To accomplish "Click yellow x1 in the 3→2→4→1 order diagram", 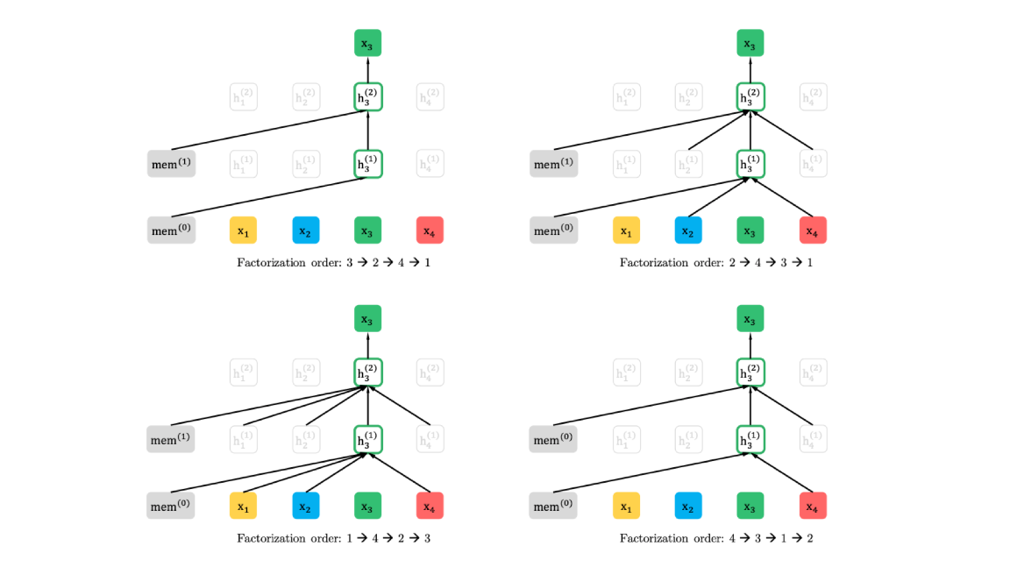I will [x=243, y=230].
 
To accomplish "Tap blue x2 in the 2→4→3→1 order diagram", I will [x=688, y=230].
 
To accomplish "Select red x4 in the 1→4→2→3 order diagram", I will [x=430, y=506].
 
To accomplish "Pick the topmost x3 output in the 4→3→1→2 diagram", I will [x=750, y=319].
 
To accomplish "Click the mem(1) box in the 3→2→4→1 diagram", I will [x=171, y=164].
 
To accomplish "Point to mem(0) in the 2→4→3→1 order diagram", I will [x=553, y=230].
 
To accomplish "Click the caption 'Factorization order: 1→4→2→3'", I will [x=333, y=538].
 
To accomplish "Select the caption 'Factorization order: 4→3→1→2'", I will [x=716, y=538].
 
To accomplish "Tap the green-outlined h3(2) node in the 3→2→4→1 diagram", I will [x=368, y=97].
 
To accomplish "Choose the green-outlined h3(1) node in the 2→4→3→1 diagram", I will [x=750, y=164].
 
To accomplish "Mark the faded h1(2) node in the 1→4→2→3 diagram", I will [x=243, y=372].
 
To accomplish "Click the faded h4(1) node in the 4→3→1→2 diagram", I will [x=813, y=439].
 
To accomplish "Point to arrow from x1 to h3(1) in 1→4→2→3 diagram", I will [x=302, y=473].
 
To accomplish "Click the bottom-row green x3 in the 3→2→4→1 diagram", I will [x=368, y=230].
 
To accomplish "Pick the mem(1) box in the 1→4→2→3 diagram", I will [x=171, y=439].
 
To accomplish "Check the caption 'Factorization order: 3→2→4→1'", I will [x=333, y=263].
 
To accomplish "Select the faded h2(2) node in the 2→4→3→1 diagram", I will [x=688, y=97].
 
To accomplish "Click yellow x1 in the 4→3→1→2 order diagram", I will [x=626, y=506].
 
